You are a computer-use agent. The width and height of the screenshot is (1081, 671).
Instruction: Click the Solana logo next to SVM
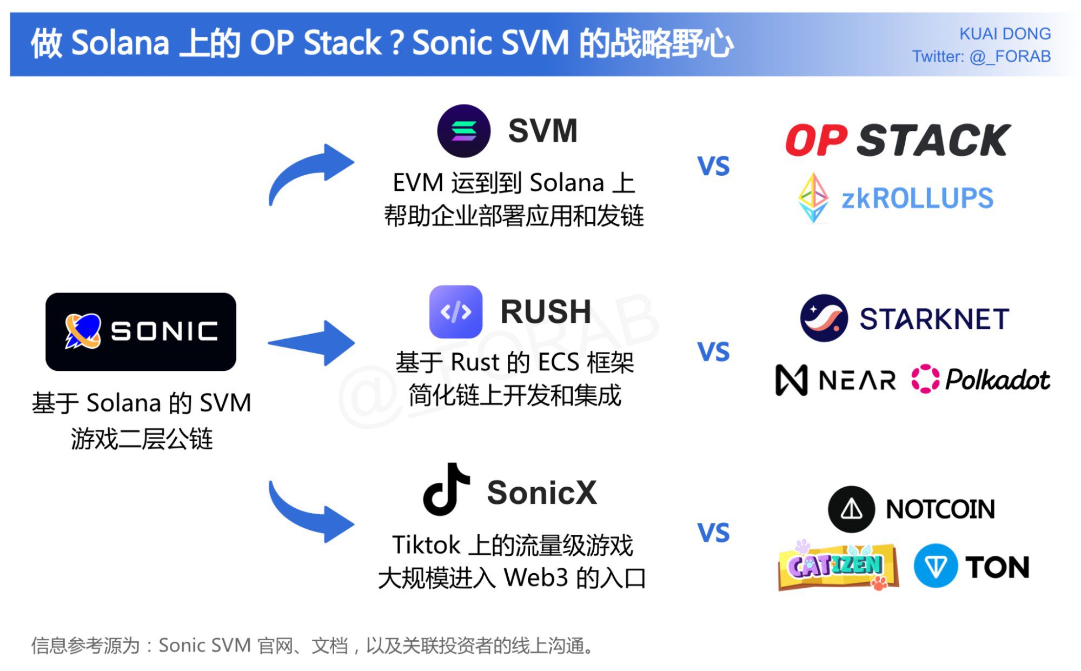(x=463, y=131)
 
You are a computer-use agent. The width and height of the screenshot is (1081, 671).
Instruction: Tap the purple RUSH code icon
(x=455, y=312)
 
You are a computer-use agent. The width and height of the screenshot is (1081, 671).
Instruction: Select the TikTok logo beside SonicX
(x=446, y=489)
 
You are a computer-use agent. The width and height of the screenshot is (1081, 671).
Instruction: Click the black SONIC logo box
(x=141, y=331)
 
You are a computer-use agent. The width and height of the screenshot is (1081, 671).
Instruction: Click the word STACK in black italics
(x=933, y=141)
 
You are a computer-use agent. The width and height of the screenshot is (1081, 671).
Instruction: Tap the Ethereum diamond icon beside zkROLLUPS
(x=813, y=198)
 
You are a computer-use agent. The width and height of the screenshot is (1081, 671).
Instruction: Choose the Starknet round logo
(x=824, y=318)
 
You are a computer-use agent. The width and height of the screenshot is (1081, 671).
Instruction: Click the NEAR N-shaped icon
(x=791, y=380)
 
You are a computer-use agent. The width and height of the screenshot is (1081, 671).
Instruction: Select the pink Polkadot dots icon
(x=925, y=378)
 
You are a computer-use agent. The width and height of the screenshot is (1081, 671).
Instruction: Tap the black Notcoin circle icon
(x=851, y=509)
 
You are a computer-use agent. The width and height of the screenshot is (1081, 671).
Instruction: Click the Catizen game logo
(x=837, y=566)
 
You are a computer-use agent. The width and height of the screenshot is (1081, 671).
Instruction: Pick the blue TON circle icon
(x=936, y=566)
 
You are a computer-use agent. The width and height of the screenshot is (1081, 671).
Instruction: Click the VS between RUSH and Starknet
(x=713, y=352)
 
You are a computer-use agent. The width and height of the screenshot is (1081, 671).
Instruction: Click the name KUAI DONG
(x=1005, y=34)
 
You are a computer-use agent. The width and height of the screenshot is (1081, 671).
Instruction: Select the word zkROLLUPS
(x=917, y=198)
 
